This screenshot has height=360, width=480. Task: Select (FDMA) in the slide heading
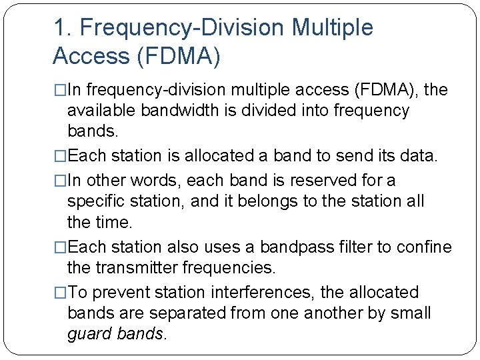(x=179, y=56)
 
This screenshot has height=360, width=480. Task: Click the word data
(x=418, y=156)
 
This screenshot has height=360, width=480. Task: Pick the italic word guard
(x=90, y=333)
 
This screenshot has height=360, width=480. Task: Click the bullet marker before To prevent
(x=59, y=293)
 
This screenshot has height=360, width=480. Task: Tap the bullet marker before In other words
(x=59, y=181)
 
